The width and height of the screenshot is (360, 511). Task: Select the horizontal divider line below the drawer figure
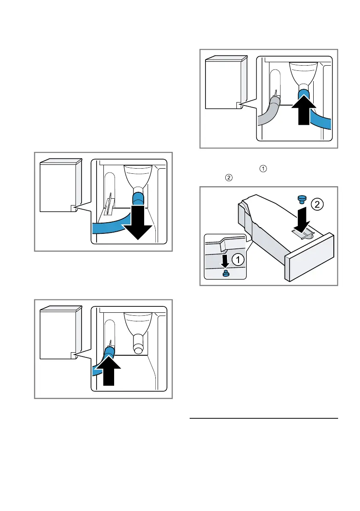(263, 418)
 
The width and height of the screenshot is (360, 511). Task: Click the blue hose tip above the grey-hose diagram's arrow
(305, 95)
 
